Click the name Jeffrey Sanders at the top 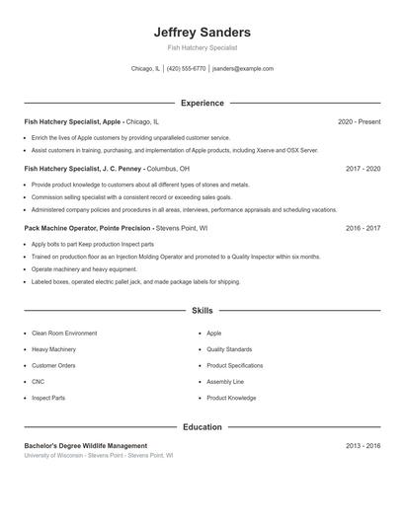coord(202,33)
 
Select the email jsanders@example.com coord(243,69)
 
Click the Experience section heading coord(202,103)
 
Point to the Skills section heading coord(202,310)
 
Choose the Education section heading coord(202,427)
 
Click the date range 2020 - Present coord(359,121)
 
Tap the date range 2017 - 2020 coord(363,169)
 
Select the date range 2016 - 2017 coord(363,228)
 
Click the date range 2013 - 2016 coord(363,446)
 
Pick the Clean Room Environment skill coord(64,334)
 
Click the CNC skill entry coord(38,382)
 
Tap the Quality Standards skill coord(229,349)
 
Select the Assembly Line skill coord(225,382)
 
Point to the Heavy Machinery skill coord(53,349)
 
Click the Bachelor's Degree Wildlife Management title coord(86,446)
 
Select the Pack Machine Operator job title coord(116,228)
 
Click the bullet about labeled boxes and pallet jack coord(135,281)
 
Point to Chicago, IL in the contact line coord(145,69)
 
